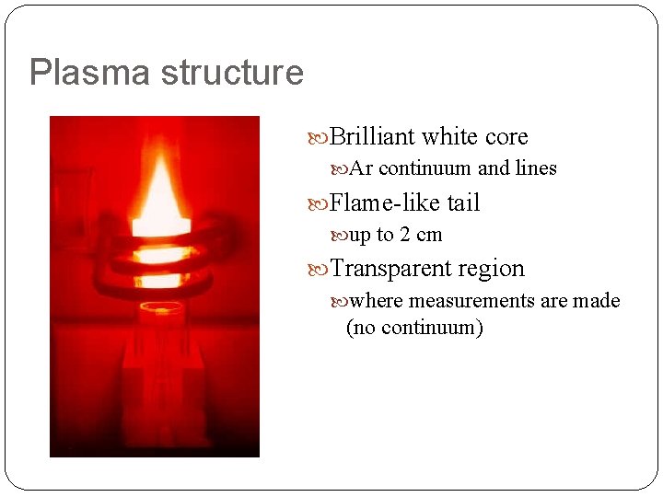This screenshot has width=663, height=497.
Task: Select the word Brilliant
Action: coord(372,137)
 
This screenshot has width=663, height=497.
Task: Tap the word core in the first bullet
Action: coord(506,137)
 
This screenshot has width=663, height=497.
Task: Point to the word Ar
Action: coord(361,168)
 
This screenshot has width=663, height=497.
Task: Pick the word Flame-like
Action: coord(385,202)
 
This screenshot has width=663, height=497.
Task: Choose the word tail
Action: coord(463,202)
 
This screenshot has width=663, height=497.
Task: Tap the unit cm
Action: coord(429,235)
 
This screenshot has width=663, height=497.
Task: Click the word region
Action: coord(494,269)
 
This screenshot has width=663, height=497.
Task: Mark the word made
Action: coord(598,301)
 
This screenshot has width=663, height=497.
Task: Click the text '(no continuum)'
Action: coord(414,327)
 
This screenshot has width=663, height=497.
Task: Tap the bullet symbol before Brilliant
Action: coord(320,137)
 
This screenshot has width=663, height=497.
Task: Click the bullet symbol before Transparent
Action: coord(320,269)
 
